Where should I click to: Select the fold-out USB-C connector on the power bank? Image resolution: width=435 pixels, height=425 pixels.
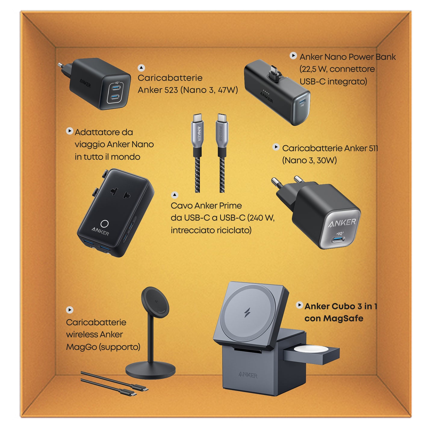(x=274, y=72)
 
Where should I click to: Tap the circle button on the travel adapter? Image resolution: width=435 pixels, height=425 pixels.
(x=105, y=224)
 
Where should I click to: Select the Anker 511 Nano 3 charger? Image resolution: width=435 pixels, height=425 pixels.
(x=315, y=212)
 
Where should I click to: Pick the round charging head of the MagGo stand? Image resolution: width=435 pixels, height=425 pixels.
(x=155, y=302)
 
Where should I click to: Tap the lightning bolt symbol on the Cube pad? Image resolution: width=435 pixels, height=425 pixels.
(x=247, y=313)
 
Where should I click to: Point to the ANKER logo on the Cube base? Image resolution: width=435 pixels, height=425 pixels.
(x=248, y=375)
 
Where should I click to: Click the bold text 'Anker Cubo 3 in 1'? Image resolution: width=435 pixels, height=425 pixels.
(x=341, y=306)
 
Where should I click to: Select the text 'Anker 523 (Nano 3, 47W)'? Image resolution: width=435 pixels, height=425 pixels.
(x=188, y=90)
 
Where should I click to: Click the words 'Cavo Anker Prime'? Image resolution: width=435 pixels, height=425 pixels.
(x=206, y=205)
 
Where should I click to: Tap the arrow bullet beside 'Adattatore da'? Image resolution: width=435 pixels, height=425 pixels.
(x=70, y=131)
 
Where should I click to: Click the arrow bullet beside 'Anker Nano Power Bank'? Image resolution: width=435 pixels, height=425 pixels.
(x=293, y=56)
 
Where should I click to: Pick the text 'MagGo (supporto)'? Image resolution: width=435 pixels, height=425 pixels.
(x=103, y=347)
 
